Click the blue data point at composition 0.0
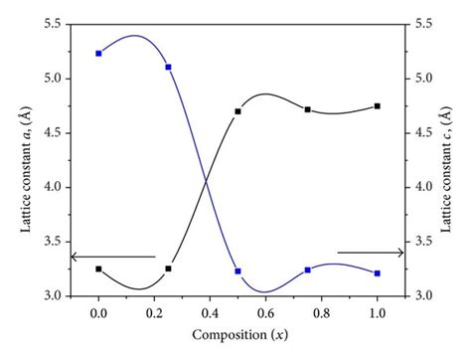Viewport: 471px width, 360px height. [98, 53]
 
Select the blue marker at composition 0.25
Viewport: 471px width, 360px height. [168, 67]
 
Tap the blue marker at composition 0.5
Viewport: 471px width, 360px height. [237, 270]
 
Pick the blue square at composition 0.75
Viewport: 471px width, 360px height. [308, 270]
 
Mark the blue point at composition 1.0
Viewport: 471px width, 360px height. [378, 272]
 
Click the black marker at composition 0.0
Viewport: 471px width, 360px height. [98, 269]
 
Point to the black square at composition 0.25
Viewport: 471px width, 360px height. [168, 269]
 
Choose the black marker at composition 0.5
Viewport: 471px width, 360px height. [237, 111]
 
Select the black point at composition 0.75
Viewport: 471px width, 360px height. [308, 109]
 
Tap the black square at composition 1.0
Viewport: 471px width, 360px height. [378, 105]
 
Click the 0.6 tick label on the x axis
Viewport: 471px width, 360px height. [265, 313]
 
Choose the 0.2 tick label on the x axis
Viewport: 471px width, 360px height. [154, 313]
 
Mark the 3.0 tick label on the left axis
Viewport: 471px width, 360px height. [52, 296]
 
